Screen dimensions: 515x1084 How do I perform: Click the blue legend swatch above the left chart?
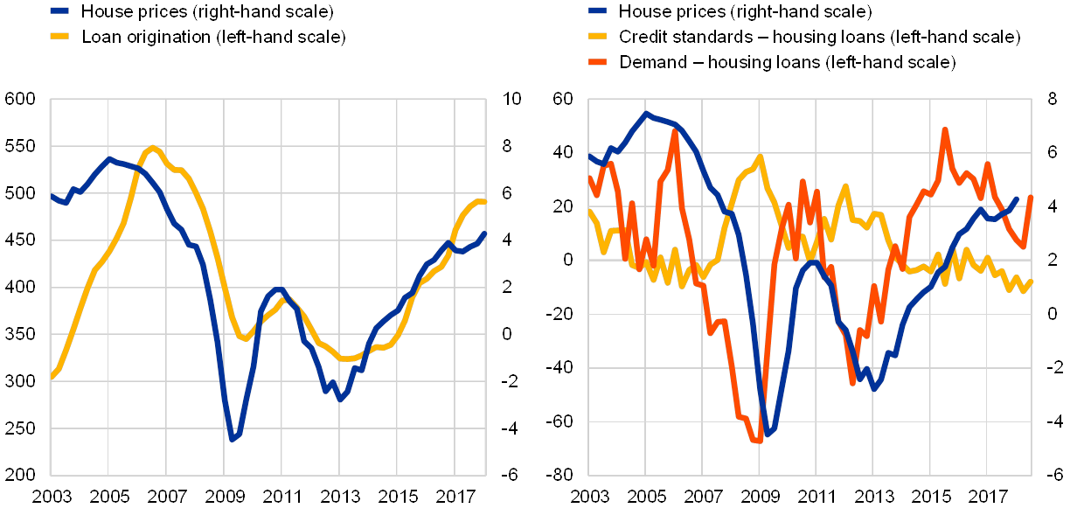pyautogui.click(x=60, y=11)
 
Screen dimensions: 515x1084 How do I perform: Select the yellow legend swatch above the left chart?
pyautogui.click(x=60, y=37)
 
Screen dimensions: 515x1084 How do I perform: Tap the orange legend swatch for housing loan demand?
pyautogui.click(x=598, y=62)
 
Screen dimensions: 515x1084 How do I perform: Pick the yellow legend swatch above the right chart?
pyautogui.click(x=598, y=37)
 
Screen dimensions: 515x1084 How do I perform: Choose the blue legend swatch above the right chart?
pyautogui.click(x=598, y=11)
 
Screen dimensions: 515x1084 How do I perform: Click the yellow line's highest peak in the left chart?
pyautogui.click(x=153, y=147)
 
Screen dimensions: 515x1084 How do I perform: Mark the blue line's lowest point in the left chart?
pyautogui.click(x=232, y=439)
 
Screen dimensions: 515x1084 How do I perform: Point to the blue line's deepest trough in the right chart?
pyautogui.click(x=767, y=434)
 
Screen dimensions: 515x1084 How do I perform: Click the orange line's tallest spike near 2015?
pyautogui.click(x=945, y=129)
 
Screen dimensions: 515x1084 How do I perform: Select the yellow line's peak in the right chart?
pyautogui.click(x=761, y=157)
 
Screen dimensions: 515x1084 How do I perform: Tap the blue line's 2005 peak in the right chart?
pyautogui.click(x=646, y=113)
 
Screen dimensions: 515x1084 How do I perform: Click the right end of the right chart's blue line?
pyautogui.click(x=1016, y=198)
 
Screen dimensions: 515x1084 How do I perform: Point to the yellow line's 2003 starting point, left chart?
pyautogui.click(x=51, y=379)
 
